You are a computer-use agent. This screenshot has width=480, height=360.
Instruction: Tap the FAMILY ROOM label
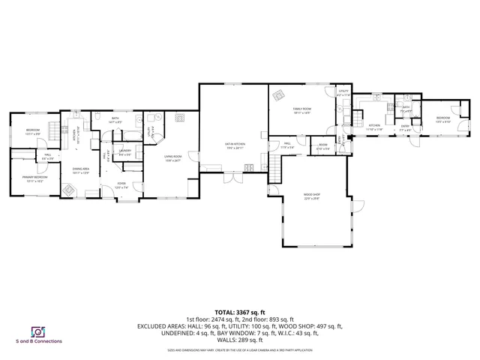pos(302,110)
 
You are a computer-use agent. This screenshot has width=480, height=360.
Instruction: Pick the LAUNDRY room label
pos(124,152)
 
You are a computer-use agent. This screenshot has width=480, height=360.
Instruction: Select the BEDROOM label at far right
pos(443,118)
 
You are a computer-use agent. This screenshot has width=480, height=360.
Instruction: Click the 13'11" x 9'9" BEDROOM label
pos(33,132)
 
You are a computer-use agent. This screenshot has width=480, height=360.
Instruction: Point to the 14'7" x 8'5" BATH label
pos(115,120)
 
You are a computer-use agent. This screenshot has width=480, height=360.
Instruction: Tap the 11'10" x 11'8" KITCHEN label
pos(374,127)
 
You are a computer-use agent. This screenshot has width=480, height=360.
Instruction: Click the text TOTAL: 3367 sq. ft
pos(240,311)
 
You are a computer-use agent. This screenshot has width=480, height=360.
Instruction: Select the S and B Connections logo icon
pos(36,331)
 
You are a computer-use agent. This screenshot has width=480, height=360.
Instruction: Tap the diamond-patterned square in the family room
pos(279,95)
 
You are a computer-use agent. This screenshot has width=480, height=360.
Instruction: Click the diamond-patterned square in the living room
pos(181,117)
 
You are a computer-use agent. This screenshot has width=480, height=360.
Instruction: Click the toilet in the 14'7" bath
pos(100,115)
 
